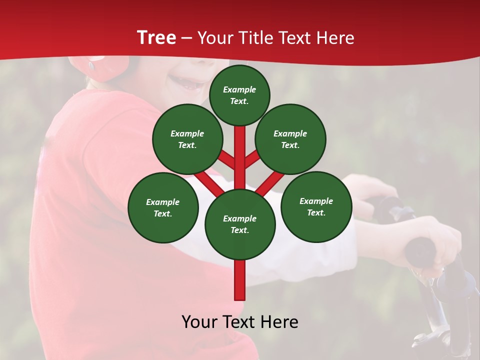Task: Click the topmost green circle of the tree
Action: [239, 95]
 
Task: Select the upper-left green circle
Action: [187, 139]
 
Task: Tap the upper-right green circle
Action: [290, 139]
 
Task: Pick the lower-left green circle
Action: [163, 207]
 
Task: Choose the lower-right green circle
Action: [316, 206]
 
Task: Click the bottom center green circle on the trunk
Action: [240, 224]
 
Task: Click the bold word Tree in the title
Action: [156, 38]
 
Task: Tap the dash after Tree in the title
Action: [187, 38]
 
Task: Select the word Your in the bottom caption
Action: [199, 322]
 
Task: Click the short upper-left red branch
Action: [226, 159]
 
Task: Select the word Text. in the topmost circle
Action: [239, 101]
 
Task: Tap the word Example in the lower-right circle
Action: [316, 201]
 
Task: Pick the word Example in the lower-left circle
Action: [162, 202]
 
